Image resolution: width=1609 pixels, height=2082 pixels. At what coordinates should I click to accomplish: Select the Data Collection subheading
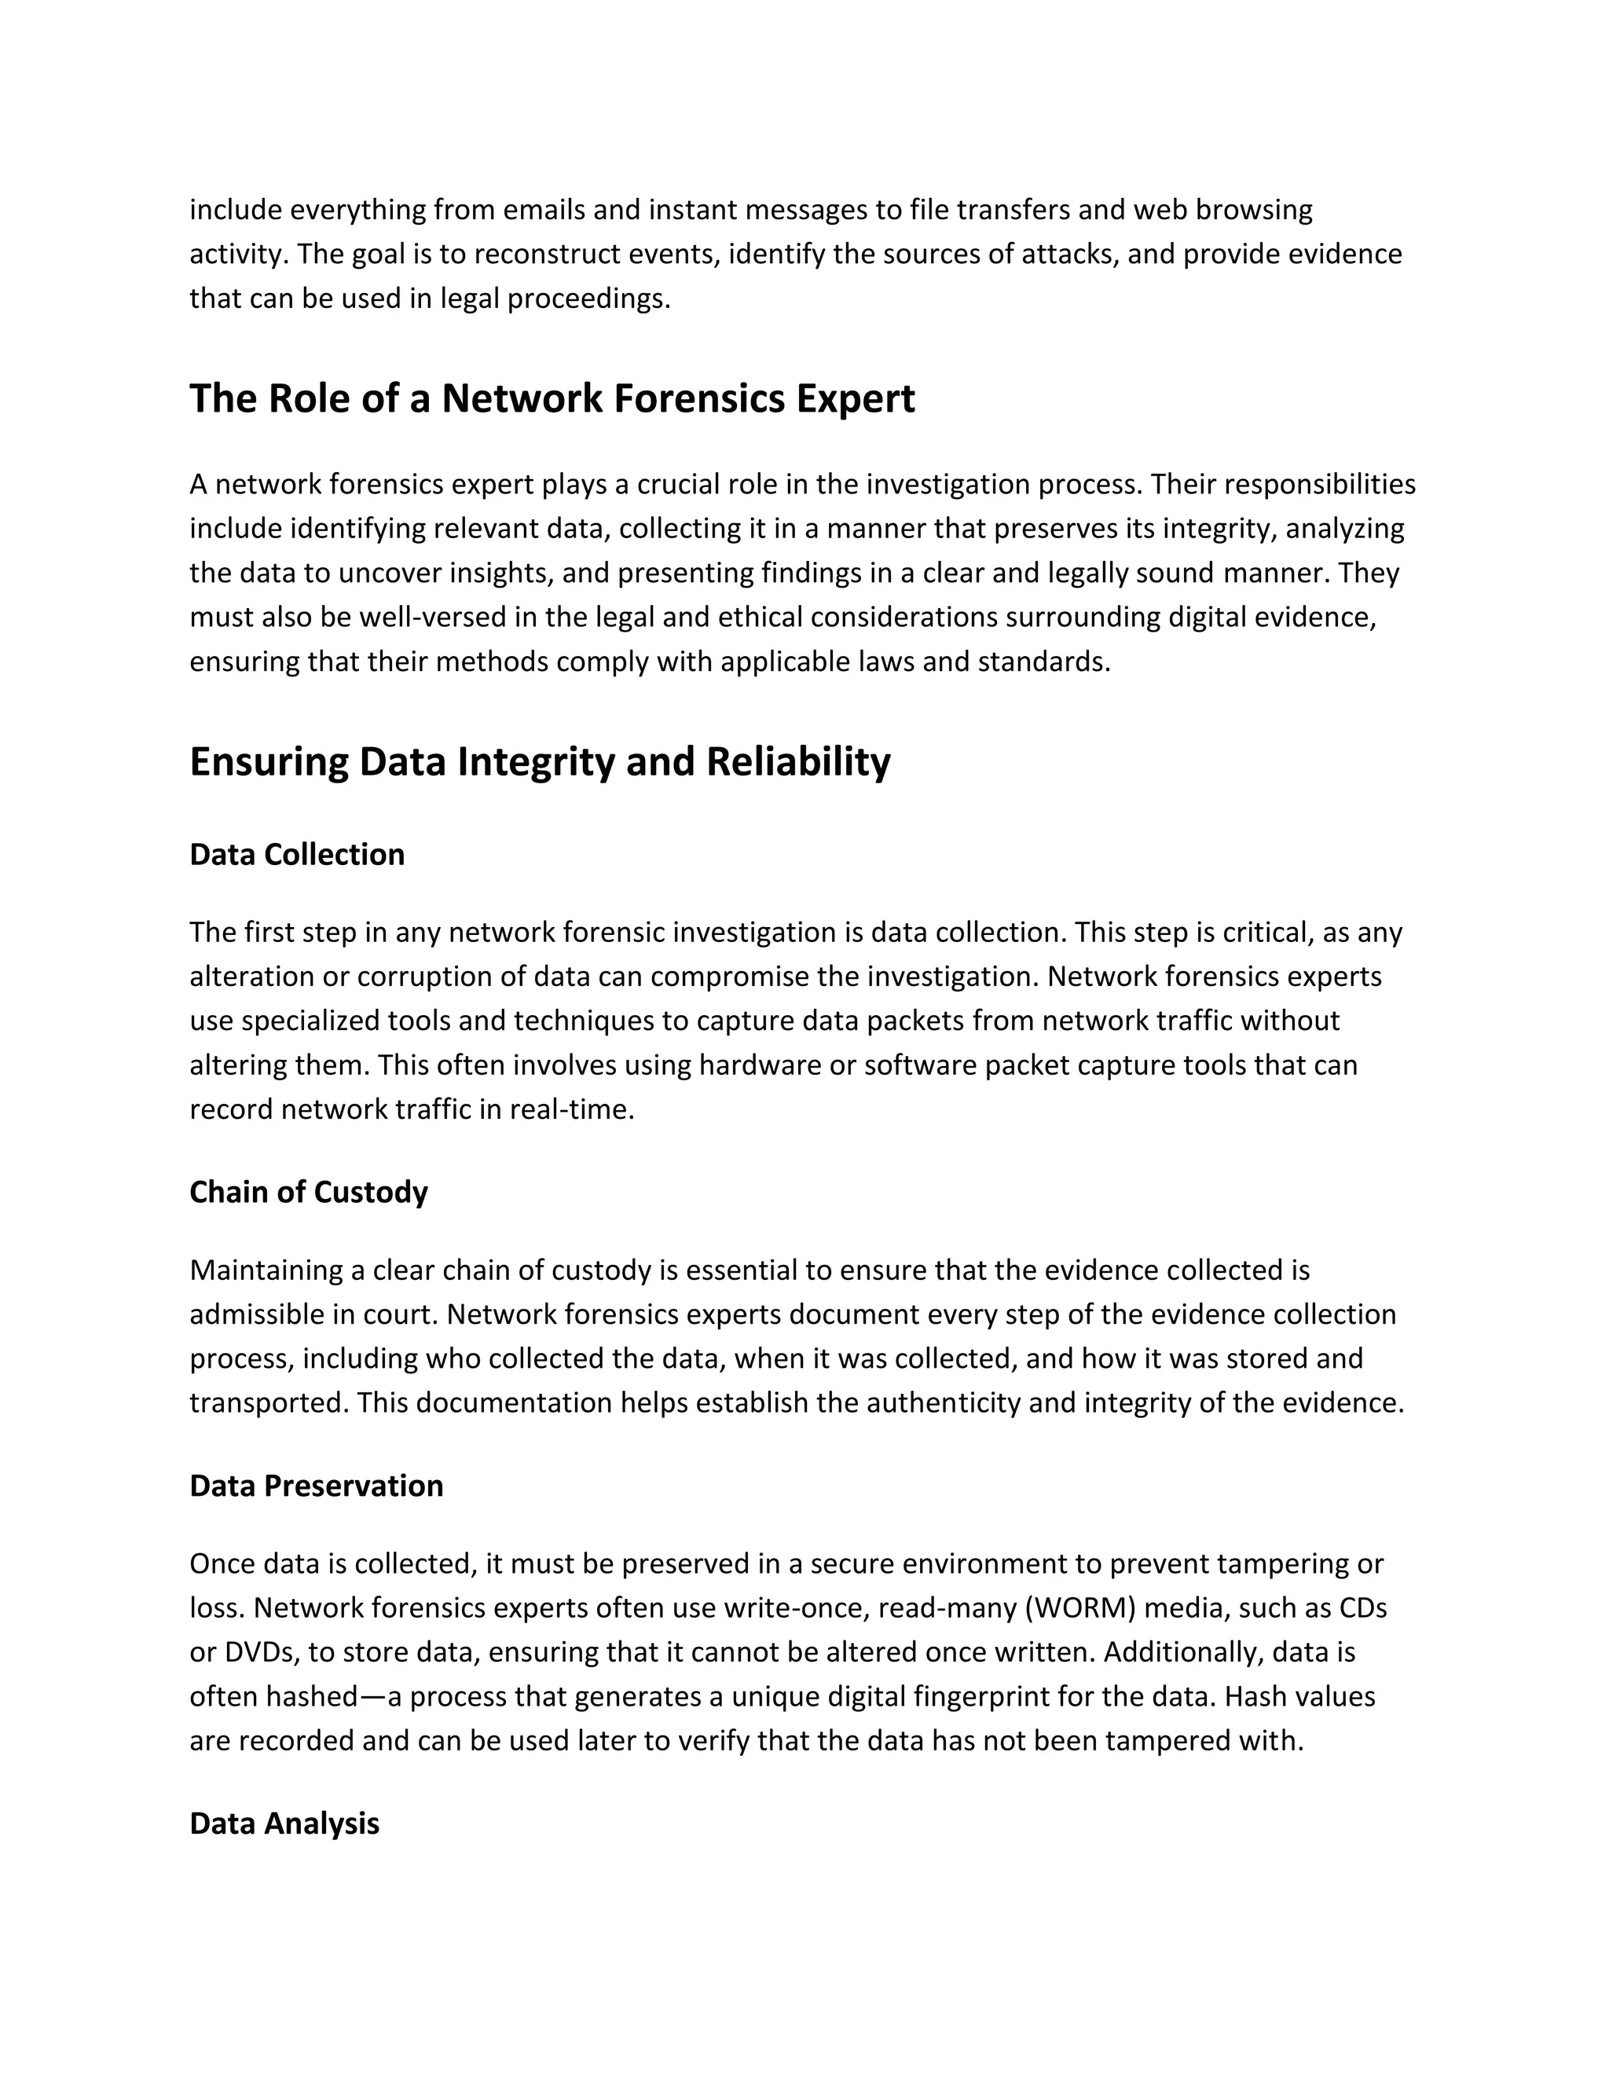[296, 854]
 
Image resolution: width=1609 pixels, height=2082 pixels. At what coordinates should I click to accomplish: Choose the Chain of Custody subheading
[308, 1193]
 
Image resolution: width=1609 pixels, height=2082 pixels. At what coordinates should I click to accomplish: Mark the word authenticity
[943, 1403]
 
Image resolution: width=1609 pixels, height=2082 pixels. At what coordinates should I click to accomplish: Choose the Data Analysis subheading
[284, 1824]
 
